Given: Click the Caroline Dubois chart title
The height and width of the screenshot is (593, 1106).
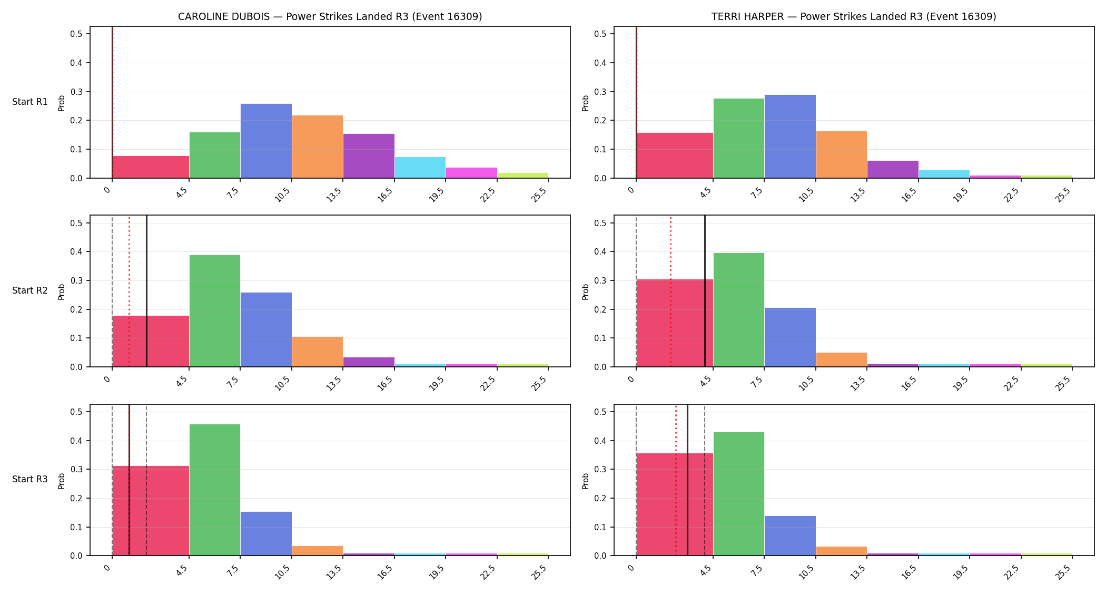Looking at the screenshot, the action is click(x=330, y=16).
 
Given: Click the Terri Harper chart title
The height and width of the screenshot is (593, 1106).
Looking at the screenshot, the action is click(x=854, y=16).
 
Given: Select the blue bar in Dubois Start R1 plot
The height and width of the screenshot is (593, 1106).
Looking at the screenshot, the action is click(x=266, y=141).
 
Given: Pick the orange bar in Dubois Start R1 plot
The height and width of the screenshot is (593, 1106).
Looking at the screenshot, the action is click(x=318, y=147).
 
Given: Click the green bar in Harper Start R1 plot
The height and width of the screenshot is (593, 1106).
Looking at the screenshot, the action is click(x=739, y=138).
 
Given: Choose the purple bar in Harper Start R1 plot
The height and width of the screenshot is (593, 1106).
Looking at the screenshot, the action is click(x=893, y=169).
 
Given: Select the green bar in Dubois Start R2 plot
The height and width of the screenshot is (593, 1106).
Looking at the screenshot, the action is click(x=215, y=311).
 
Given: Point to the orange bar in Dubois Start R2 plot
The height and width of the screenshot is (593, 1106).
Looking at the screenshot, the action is click(x=318, y=352).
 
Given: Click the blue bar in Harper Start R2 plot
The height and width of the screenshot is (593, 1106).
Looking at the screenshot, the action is click(x=790, y=337).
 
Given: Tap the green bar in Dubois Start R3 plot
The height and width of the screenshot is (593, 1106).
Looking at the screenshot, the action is click(x=215, y=490).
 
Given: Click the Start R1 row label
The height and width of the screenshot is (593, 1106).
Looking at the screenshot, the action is click(x=30, y=102).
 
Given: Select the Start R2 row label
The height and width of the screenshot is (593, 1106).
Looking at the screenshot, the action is click(x=30, y=290).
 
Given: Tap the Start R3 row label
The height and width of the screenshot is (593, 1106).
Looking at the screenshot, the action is click(x=30, y=479).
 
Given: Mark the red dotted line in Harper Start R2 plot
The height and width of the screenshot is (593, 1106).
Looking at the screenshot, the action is click(x=670, y=291).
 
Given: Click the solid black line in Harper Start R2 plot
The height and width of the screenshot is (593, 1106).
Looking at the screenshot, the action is click(x=705, y=291).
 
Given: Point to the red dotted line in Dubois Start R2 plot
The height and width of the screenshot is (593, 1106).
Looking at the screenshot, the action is click(x=129, y=291).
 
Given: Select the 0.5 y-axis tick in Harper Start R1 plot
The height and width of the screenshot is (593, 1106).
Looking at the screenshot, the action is click(x=600, y=34).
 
